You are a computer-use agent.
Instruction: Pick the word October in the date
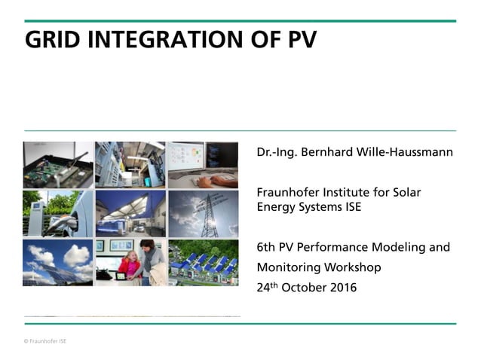pyautogui.click(x=302, y=287)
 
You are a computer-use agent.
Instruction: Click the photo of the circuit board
pyautogui.click(x=58, y=165)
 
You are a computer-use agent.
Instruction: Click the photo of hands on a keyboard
pyautogui.click(x=203, y=165)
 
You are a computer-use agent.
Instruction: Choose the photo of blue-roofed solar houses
pyautogui.click(x=203, y=263)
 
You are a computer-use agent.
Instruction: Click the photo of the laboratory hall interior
pyautogui.click(x=130, y=165)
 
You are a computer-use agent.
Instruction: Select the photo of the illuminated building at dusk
pyautogui.click(x=130, y=213)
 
